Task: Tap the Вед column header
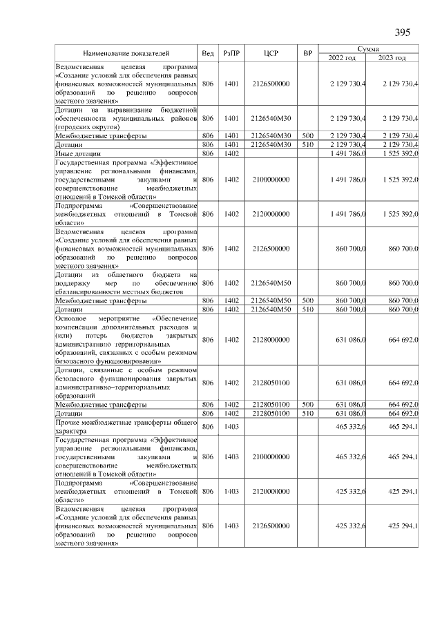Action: pyautogui.click(x=208, y=53)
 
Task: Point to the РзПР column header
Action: pyautogui.click(x=231, y=53)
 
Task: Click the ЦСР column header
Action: pyautogui.click(x=271, y=53)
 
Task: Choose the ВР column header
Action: pyautogui.click(x=308, y=53)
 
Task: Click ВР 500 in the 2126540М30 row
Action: pyautogui.click(x=308, y=137)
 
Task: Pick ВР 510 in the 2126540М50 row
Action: pyautogui.click(x=308, y=310)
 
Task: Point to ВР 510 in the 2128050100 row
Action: pyautogui.click(x=308, y=412)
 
